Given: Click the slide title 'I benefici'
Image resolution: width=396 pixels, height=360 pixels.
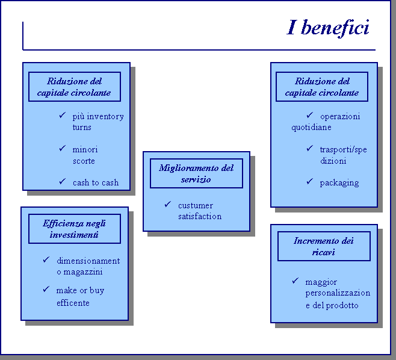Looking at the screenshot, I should tap(328, 28).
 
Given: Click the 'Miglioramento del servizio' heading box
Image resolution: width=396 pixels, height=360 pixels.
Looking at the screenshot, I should tap(196, 173).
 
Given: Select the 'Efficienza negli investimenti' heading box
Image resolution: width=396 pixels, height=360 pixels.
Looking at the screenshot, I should tap(75, 229).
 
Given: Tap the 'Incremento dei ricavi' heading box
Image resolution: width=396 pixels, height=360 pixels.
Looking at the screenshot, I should tap(324, 246).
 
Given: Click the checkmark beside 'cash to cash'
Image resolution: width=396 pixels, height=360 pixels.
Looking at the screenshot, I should tap(62, 182).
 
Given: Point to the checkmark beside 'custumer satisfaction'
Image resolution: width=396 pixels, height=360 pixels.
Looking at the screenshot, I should tap(167, 205).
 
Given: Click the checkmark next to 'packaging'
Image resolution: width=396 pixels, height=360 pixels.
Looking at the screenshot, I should tap(309, 182).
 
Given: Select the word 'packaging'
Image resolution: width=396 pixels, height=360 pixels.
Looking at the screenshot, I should tap(339, 182).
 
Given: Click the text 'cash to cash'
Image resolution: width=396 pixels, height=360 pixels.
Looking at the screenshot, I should tap(96, 182).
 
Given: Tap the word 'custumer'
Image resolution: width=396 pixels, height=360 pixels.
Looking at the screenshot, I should tap(196, 205).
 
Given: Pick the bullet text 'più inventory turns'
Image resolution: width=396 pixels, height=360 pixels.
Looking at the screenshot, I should tap(97, 122).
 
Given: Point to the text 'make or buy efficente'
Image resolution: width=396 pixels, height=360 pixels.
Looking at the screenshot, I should tap(80, 296).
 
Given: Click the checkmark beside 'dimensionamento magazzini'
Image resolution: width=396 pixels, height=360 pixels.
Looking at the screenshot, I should tap(46, 260).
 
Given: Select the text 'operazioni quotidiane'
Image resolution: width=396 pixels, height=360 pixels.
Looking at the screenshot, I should tap(326, 122).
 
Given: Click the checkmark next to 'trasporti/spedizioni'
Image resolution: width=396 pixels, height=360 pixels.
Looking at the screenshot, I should tap(309, 148).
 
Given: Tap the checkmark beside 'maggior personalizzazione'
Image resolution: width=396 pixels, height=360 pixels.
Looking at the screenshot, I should tap(295, 281).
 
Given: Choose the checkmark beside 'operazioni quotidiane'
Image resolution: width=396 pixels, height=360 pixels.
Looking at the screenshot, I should tap(309, 115).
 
